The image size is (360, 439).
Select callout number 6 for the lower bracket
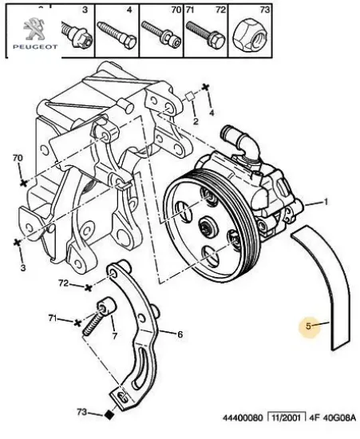click(180, 334)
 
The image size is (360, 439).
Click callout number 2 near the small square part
click(194, 121)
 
